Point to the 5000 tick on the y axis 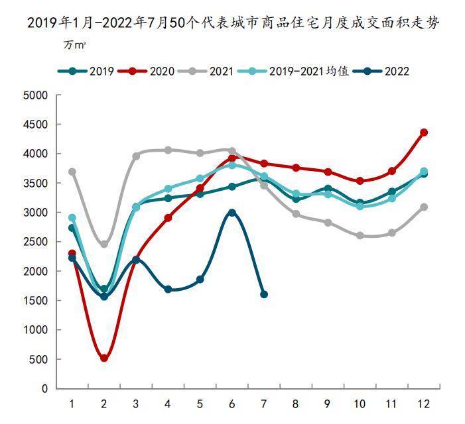point(36,95)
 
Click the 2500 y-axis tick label point(36,242)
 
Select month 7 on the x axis point(264,403)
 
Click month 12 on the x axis point(424,403)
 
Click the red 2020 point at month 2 point(104,358)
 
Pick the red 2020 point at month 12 point(424,132)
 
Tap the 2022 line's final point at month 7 point(264,294)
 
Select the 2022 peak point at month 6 point(232,213)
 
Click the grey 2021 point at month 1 point(72,172)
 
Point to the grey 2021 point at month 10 point(360,235)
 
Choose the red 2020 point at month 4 point(168,217)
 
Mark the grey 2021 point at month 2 point(104,244)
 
